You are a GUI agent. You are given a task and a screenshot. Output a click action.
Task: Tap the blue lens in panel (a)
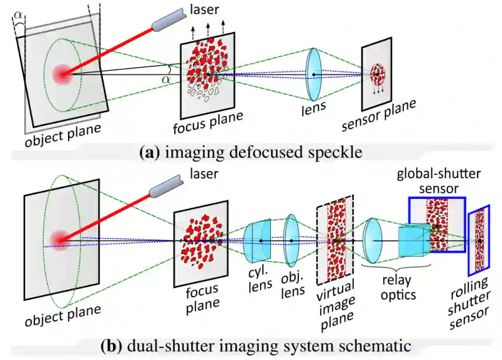[x=314, y=74]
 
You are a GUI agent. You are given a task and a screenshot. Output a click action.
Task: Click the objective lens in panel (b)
[x=291, y=240]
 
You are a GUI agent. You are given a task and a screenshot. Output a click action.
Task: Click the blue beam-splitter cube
[x=414, y=241]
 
